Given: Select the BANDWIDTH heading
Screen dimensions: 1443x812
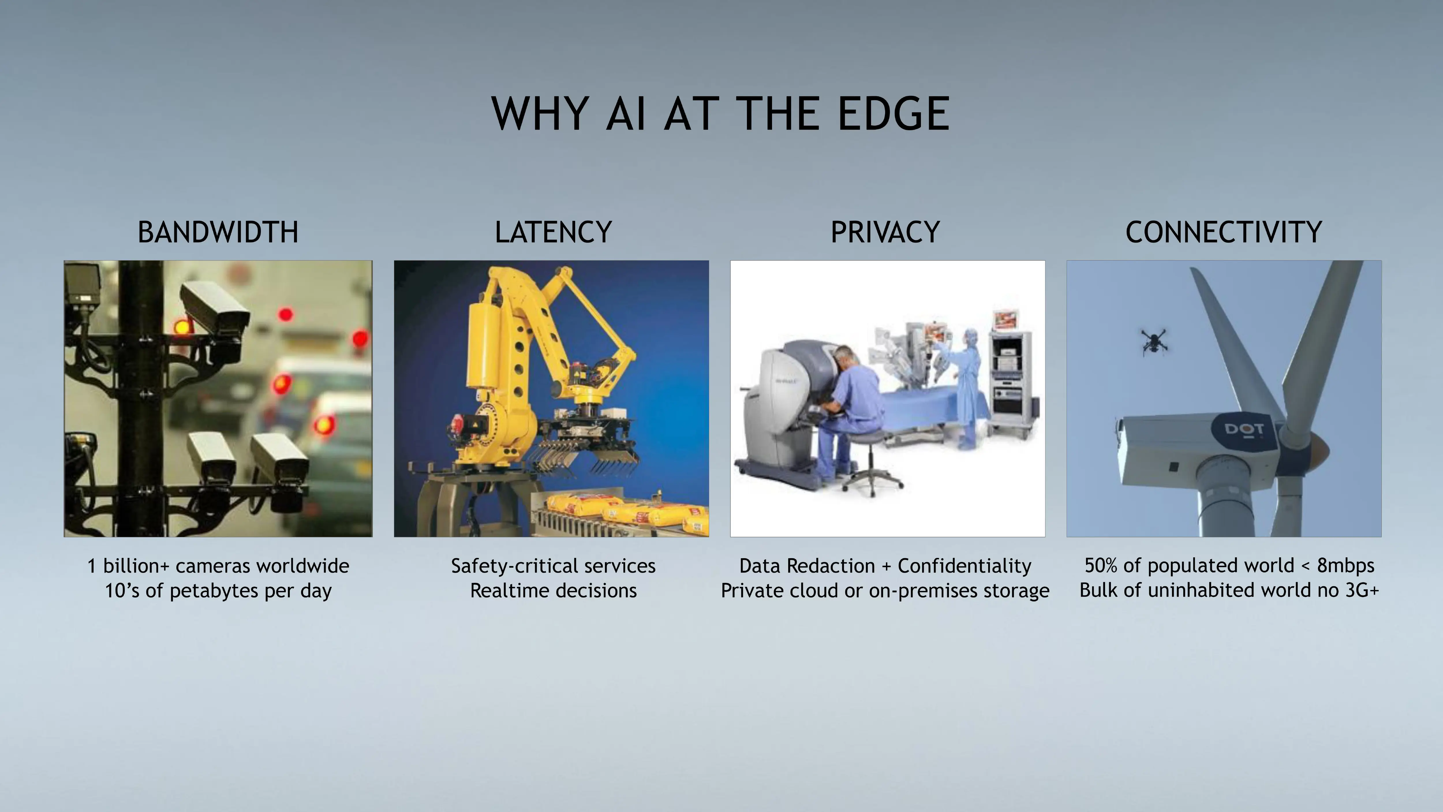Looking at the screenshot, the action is point(218,232).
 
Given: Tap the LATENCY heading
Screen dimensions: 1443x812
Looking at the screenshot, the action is point(553,232).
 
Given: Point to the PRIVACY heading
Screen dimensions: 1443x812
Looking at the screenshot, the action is point(885,232).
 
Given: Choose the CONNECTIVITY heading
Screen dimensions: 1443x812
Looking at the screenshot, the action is point(1223,232).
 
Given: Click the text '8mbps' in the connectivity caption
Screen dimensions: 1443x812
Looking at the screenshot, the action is point(1345,566).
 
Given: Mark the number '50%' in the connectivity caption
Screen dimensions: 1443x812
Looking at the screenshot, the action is point(1101,566).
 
